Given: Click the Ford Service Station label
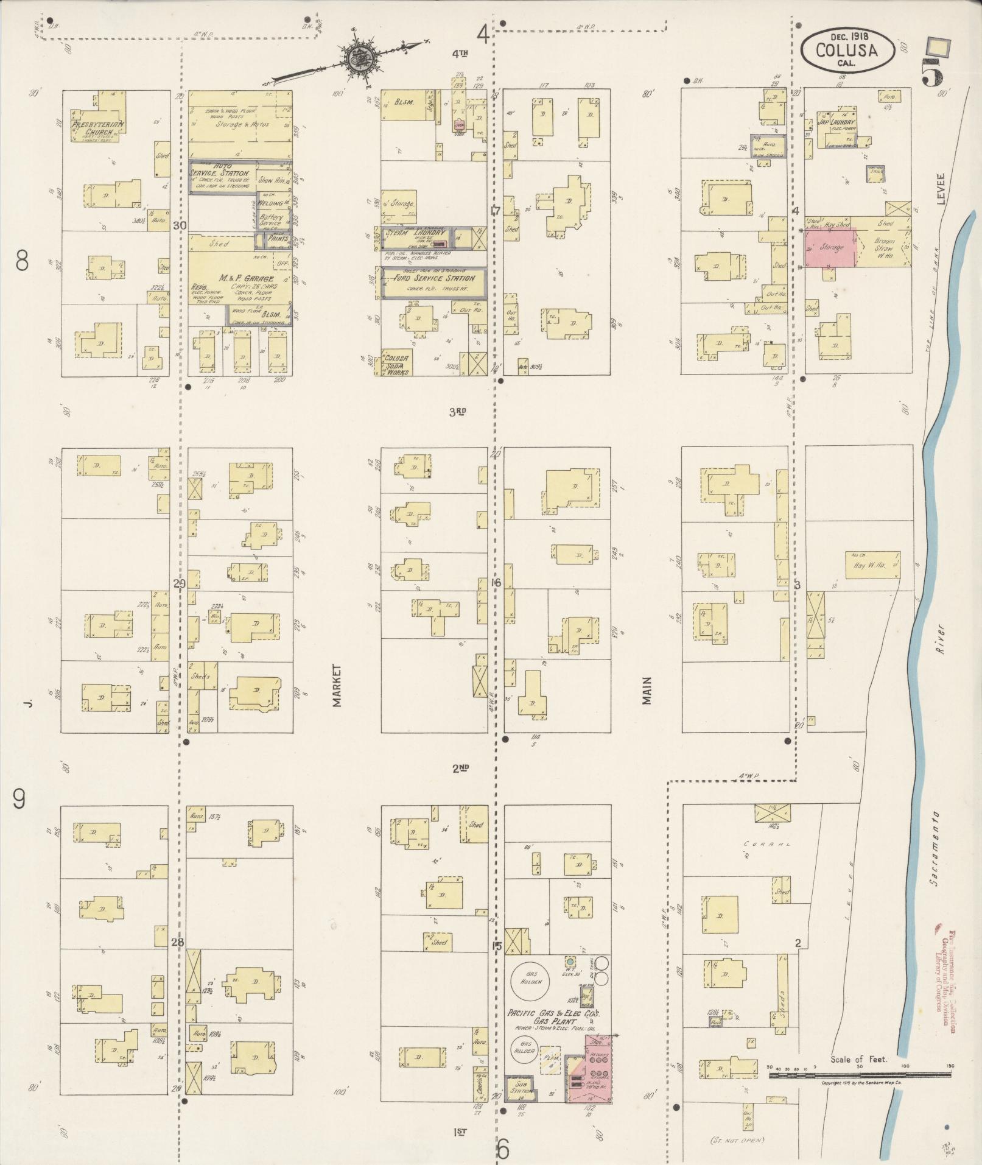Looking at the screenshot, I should coord(433,278).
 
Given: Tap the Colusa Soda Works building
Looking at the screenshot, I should coord(396,362).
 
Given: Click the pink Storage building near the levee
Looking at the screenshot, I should coord(830,247).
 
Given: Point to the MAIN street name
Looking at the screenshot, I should coord(646,691).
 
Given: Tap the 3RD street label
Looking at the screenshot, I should coord(457,412).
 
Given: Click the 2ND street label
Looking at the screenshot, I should coord(460,768).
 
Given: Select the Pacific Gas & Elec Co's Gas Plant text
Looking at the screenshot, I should coord(553,1016).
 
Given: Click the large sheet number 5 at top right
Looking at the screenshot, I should coord(931,74).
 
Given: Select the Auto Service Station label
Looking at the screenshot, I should coord(226,177).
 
